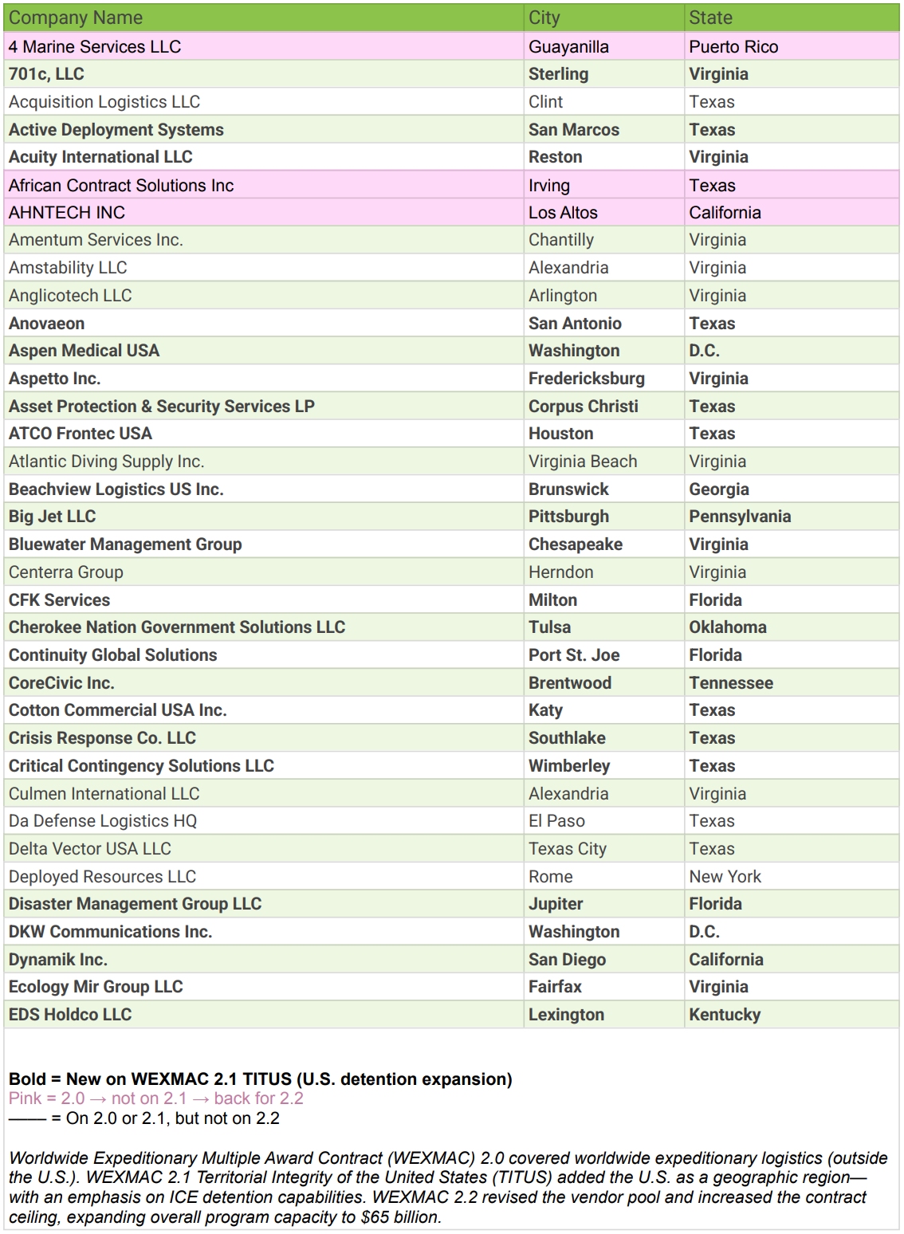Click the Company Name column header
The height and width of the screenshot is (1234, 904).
(x=76, y=18)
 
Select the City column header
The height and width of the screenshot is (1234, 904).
(x=544, y=18)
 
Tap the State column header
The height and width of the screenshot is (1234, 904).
(x=710, y=18)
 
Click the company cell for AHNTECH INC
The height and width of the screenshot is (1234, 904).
(x=67, y=213)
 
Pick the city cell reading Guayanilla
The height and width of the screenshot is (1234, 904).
(x=568, y=47)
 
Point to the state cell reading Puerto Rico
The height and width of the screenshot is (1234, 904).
(x=733, y=47)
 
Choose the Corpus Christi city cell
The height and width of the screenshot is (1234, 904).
(x=583, y=407)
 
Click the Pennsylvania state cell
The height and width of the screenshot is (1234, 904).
(x=740, y=517)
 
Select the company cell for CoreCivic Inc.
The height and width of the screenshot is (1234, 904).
(x=61, y=683)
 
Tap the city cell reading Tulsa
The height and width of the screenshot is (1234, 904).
(x=549, y=627)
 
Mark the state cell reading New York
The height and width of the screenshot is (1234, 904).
(x=725, y=877)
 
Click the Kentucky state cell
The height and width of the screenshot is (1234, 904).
(x=725, y=1015)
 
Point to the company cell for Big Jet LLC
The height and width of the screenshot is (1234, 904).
(x=52, y=517)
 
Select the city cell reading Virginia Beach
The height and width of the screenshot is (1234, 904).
(x=583, y=462)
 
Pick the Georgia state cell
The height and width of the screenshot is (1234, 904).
(x=718, y=489)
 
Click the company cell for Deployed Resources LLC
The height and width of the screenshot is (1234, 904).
(x=102, y=877)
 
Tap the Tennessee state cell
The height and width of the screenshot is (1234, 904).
(x=731, y=683)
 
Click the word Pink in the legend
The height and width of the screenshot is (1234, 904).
(x=25, y=1098)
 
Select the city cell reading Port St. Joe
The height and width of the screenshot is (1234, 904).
(x=574, y=655)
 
